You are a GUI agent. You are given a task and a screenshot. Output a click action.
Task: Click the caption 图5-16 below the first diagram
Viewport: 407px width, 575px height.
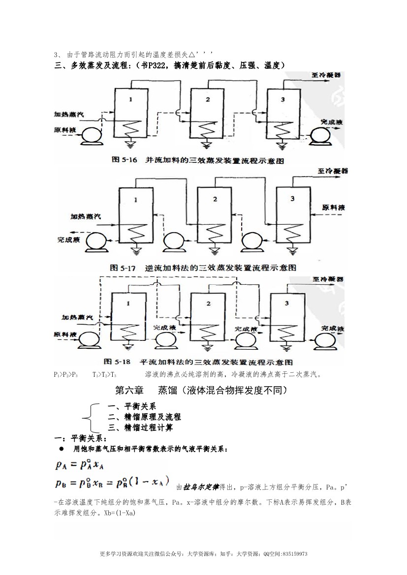(x=125, y=161)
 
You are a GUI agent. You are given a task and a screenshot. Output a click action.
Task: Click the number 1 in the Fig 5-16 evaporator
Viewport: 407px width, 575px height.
(x=130, y=100)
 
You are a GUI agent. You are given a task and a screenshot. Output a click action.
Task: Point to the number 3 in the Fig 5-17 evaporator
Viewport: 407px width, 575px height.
(x=292, y=199)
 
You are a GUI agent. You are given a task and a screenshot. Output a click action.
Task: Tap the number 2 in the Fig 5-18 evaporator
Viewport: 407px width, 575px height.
(x=209, y=303)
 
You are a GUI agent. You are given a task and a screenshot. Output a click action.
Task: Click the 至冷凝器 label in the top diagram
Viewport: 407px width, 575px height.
(x=325, y=75)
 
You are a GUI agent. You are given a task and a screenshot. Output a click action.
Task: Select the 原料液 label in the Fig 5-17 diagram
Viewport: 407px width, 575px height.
(x=335, y=208)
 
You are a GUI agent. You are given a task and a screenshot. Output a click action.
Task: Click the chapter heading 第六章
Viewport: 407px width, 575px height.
(x=129, y=391)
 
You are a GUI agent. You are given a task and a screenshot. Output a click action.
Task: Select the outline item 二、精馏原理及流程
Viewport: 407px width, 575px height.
(x=144, y=417)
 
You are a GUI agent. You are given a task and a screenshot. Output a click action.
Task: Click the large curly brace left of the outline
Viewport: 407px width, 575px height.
(x=89, y=417)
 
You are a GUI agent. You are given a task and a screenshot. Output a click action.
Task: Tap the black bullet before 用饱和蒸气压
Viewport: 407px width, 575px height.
(x=62, y=449)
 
